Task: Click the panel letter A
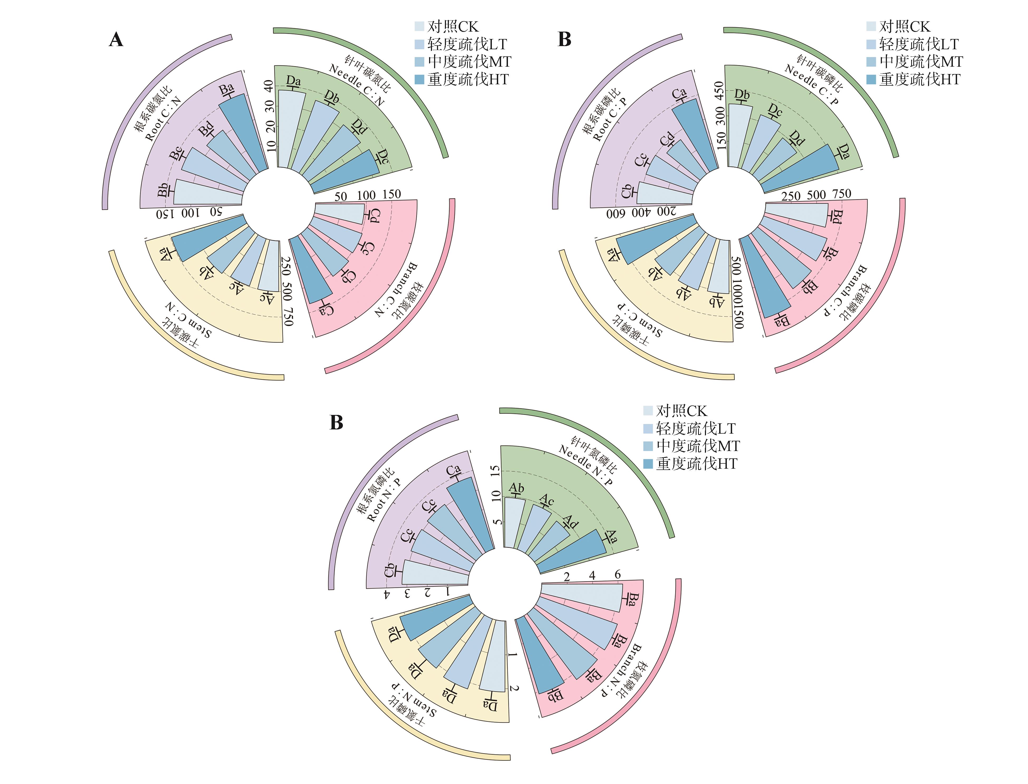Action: [116, 40]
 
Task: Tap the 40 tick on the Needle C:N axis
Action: [268, 85]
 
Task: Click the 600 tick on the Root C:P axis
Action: [615, 214]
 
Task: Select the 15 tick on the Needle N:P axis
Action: [496, 470]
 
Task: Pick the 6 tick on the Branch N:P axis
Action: [617, 575]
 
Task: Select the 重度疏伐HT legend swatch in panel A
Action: [419, 79]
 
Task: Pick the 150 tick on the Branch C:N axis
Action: [391, 194]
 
